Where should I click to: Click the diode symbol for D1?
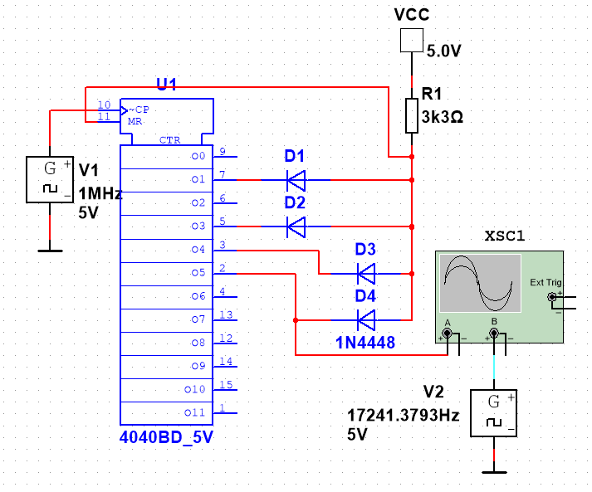295,178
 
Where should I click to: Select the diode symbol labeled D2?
295,225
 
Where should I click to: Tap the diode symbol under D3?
365,271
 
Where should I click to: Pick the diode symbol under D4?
365,318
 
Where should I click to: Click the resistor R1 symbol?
411,116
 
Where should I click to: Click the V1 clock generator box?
49,178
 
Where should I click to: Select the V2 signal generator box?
494,413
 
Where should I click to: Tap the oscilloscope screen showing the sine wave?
477,283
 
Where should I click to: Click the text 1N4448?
366,342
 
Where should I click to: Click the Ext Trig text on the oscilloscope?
545,283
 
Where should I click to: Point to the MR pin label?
134,121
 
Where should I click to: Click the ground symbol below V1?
49,247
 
